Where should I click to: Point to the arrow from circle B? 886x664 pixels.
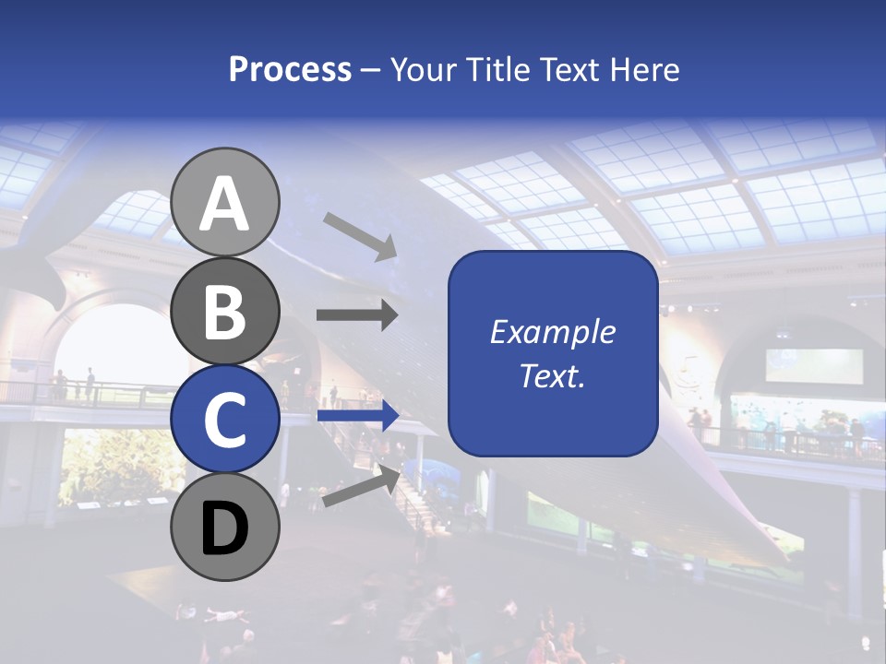point(357,314)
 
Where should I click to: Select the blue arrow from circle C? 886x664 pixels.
point(357,416)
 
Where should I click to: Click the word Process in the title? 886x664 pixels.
point(290,70)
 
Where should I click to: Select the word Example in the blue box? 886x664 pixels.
point(552,332)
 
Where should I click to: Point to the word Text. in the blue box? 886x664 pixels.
point(552,375)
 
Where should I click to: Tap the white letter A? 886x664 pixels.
point(225,204)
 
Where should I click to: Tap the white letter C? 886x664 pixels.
point(225,420)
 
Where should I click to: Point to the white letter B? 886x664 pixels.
point(225,312)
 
